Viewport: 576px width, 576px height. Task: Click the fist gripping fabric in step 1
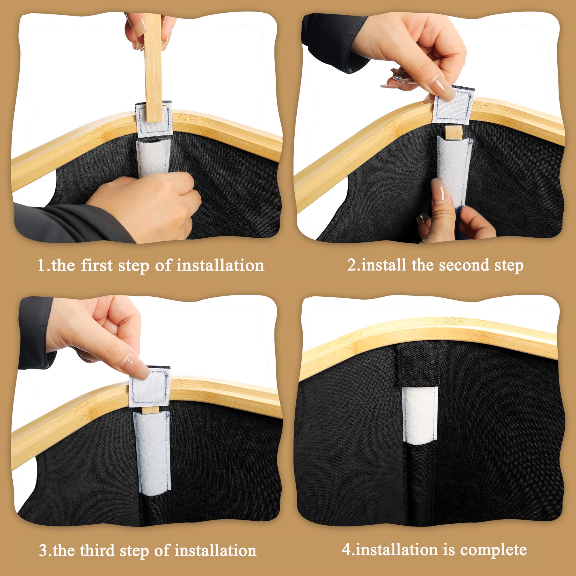click(143, 206)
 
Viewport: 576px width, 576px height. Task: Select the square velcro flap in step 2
click(453, 105)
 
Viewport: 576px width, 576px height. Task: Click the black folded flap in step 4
click(418, 365)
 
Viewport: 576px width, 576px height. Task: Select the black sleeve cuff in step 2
click(336, 42)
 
